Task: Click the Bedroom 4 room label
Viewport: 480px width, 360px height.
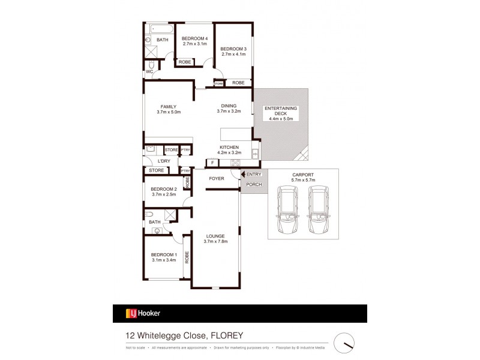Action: pos(194,37)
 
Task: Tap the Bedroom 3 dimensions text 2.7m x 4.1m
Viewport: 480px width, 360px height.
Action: pos(232,55)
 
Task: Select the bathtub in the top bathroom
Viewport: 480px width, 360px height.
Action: pos(161,28)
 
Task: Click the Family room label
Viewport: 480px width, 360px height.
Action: pos(168,107)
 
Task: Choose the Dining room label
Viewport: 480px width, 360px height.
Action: pos(228,106)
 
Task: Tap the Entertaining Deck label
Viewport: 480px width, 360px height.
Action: pos(279,111)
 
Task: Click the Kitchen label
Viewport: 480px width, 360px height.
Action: pos(229,148)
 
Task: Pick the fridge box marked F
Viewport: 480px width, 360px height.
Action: pos(212,163)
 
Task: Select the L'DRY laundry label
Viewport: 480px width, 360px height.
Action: pos(164,161)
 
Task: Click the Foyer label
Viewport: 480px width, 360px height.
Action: pos(216,179)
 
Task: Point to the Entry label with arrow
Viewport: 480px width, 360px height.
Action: pos(251,174)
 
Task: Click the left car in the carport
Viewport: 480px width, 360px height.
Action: pos(287,210)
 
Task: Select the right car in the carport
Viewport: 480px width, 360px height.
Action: pos(318,210)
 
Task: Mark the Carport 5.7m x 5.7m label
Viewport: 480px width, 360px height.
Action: pos(303,177)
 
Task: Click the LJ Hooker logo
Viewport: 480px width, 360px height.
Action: pos(143,313)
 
